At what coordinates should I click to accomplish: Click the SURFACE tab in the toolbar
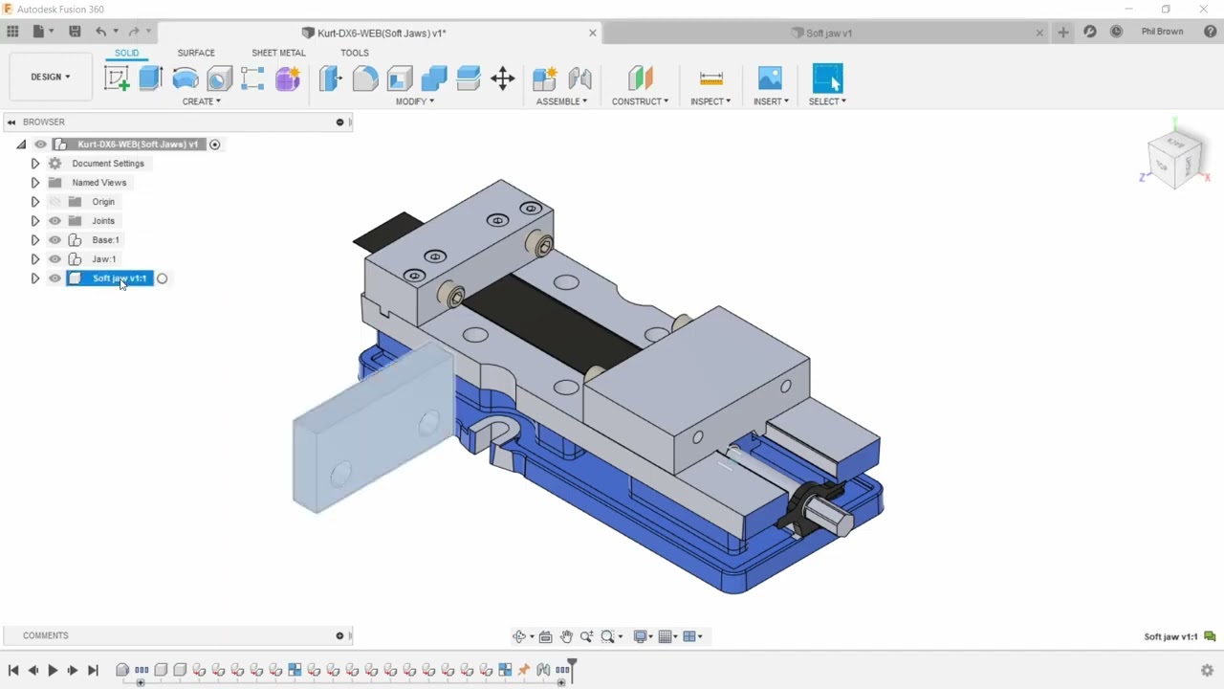(x=196, y=53)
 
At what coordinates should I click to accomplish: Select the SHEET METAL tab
(x=278, y=53)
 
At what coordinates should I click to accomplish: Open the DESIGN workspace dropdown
(x=51, y=77)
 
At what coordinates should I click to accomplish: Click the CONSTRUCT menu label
(x=640, y=101)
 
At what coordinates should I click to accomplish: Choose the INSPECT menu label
(x=710, y=101)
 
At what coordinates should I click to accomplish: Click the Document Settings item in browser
(x=107, y=164)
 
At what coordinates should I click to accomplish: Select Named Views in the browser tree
(x=98, y=183)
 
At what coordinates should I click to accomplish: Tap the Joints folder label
(x=103, y=221)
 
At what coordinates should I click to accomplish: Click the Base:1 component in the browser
(x=105, y=240)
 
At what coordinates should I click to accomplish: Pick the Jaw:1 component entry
(x=103, y=259)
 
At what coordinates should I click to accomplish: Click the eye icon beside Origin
(x=55, y=202)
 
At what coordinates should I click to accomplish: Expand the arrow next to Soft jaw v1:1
(x=35, y=278)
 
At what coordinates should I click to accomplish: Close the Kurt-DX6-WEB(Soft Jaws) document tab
(x=592, y=33)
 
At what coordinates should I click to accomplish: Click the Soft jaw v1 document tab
(x=828, y=33)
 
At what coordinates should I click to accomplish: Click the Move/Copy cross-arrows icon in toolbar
(x=503, y=78)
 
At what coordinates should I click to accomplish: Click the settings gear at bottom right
(x=1207, y=670)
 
